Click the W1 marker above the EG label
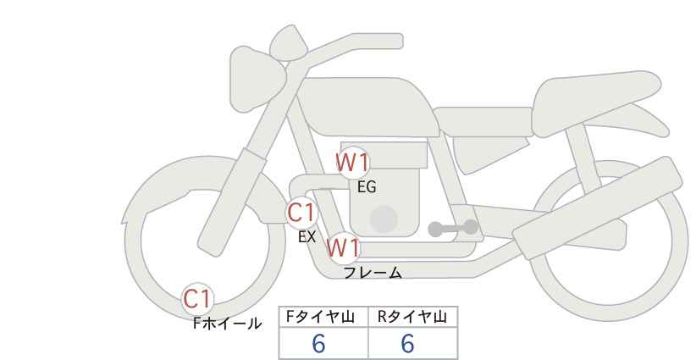[x=352, y=163]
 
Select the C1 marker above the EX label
[x=301, y=213]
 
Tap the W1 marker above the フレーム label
[x=343, y=247]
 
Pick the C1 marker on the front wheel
[x=197, y=299]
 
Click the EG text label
[x=367, y=187]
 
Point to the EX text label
[x=307, y=237]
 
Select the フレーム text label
[x=373, y=273]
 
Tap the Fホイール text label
[x=227, y=324]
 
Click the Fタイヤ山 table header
[x=320, y=317]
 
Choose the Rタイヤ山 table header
[x=412, y=317]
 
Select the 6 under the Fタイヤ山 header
[x=318, y=344]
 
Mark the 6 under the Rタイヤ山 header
[x=407, y=344]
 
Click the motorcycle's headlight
[x=256, y=79]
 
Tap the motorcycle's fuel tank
[x=368, y=107]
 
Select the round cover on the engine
[x=384, y=219]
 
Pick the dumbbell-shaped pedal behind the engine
[x=453, y=228]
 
